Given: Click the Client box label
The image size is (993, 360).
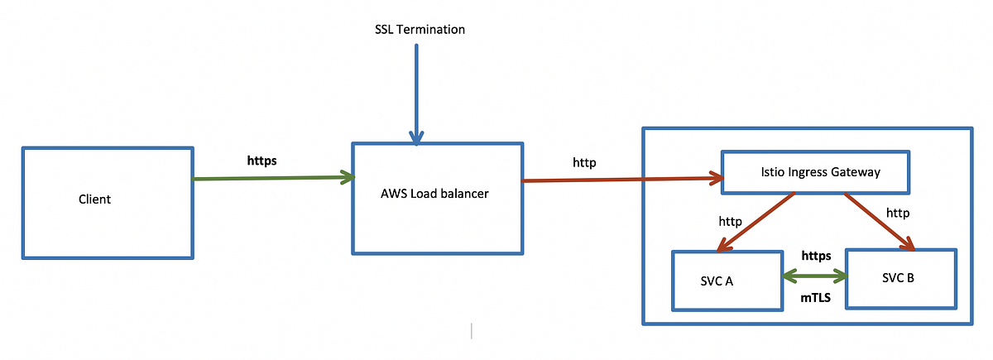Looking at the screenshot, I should pyautogui.click(x=94, y=199).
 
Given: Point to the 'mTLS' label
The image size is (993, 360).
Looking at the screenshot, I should pyautogui.click(x=815, y=295).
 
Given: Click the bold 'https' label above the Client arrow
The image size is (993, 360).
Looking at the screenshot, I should pyautogui.click(x=262, y=161).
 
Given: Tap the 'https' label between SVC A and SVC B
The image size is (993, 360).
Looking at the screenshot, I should pyautogui.click(x=816, y=256).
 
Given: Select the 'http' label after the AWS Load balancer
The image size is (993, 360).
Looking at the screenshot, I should pyautogui.click(x=584, y=162).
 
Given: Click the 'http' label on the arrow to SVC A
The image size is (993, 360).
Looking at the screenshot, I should pyautogui.click(x=731, y=222).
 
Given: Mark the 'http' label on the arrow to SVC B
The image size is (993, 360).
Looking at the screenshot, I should pyautogui.click(x=898, y=213).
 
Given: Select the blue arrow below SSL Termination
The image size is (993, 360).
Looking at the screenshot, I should pyautogui.click(x=416, y=91).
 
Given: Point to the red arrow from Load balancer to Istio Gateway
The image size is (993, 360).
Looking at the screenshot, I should pyautogui.click(x=621, y=179).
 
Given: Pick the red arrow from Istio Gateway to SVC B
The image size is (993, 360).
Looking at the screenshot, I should pyautogui.click(x=877, y=220).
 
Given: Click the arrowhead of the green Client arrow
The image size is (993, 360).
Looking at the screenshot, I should pyautogui.click(x=348, y=176).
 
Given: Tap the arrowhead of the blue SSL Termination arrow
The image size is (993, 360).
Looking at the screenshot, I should pyautogui.click(x=416, y=137).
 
